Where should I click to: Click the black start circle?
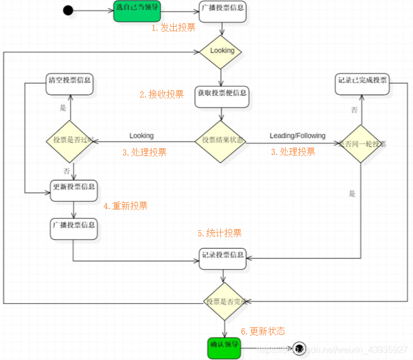[68, 11]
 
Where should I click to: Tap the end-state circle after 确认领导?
[298, 348]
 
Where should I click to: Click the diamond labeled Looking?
[222, 51]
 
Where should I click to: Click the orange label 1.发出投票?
[174, 28]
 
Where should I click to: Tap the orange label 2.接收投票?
[161, 94]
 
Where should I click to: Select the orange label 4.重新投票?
[125, 206]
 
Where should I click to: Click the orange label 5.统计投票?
[219, 233]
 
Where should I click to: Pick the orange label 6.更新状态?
[263, 331]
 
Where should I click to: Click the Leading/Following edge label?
[297, 135]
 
